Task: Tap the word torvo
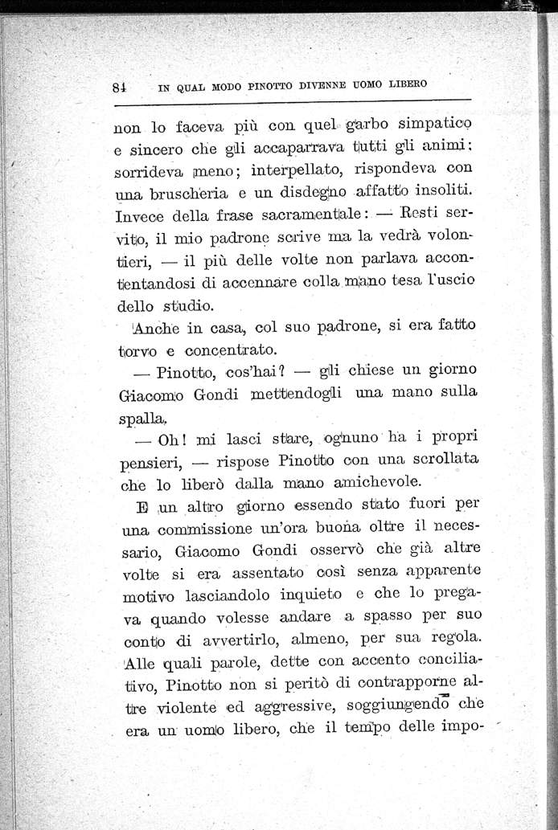(x=137, y=350)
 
